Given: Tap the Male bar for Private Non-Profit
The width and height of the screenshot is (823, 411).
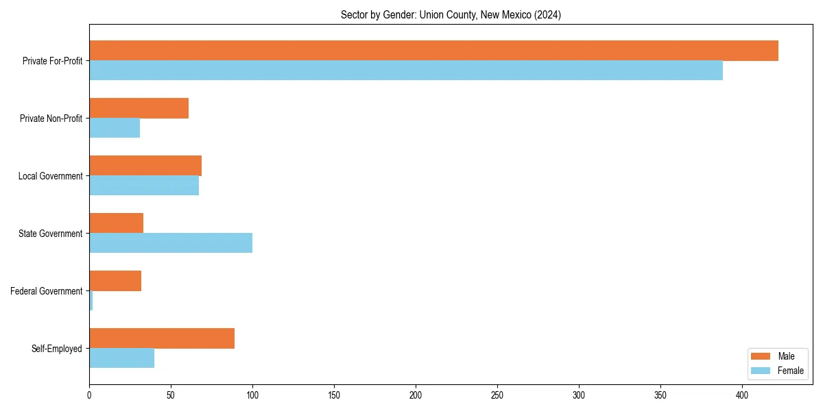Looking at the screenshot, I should [139, 108].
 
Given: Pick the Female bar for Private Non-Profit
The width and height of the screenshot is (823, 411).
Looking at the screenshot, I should [115, 127].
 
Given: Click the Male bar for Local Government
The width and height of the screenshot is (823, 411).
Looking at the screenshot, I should [145, 166].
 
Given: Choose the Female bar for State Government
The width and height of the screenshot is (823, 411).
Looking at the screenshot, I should [171, 242].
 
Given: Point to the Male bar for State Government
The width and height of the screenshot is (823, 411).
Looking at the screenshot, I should [116, 223].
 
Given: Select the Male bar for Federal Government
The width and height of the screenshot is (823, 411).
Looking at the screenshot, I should [115, 281].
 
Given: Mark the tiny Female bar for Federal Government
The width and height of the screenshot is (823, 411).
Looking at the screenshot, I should [91, 300].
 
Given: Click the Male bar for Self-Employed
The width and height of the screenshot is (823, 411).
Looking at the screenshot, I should [162, 338].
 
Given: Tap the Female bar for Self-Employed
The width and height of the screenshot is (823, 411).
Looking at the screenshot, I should [121, 358].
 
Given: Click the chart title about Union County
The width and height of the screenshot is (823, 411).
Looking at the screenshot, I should [451, 15].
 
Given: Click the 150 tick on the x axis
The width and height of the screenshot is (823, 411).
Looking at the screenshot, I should [334, 395].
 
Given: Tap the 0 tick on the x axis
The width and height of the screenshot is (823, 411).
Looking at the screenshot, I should [89, 395].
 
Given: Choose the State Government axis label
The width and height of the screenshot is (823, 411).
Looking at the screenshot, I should [50, 234].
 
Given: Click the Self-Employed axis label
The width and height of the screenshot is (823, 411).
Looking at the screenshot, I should [56, 349].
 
